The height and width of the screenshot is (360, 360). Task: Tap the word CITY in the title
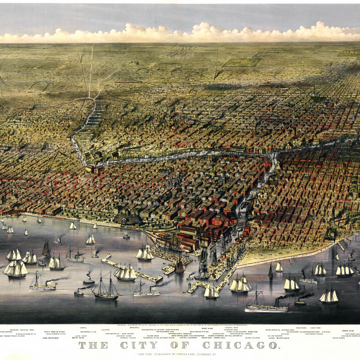(144, 345)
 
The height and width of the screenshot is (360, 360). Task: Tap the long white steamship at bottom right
(265, 307)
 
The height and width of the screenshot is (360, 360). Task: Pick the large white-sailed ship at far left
(15, 268)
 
